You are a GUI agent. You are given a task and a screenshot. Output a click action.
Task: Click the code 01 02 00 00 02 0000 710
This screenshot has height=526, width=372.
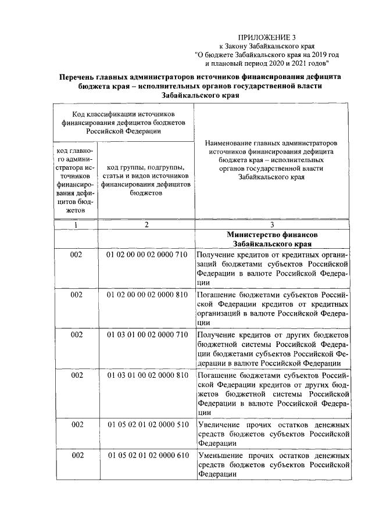tap(146, 255)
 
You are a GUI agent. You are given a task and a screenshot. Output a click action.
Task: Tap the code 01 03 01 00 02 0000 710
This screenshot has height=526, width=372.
tap(146, 335)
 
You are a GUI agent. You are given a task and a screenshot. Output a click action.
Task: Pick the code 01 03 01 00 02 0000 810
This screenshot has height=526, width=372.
tap(146, 375)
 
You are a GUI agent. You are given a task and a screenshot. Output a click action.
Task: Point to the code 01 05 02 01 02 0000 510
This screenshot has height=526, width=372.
tap(146, 424)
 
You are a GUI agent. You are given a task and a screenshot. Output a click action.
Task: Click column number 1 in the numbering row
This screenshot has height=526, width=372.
tap(76, 224)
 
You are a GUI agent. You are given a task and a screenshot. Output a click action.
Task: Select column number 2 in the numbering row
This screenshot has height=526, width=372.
tap(146, 224)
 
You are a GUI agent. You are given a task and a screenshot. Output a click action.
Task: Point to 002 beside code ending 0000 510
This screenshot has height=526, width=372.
tap(76, 424)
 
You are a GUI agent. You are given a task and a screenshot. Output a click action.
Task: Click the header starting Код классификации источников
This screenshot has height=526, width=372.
tap(123, 123)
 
